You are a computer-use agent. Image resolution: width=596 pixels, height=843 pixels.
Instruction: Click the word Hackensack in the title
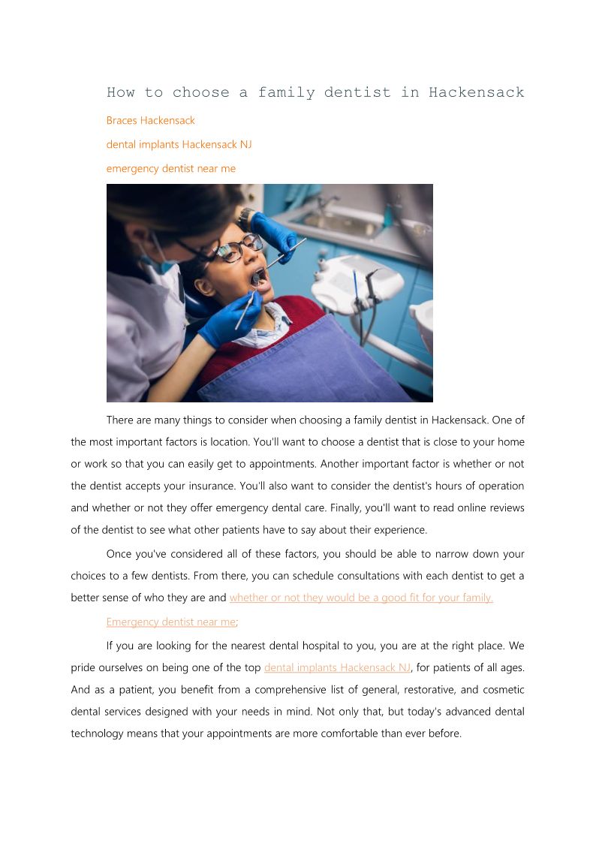[476, 93]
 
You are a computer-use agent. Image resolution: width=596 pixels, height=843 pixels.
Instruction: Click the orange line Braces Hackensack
[150, 120]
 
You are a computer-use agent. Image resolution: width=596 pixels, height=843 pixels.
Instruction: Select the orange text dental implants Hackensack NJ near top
[179, 144]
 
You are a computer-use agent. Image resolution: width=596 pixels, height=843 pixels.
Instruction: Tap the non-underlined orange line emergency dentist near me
[170, 169]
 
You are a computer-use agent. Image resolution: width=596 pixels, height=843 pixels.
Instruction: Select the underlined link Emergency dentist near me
[170, 622]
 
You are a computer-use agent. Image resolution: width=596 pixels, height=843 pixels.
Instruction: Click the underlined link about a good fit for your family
[360, 598]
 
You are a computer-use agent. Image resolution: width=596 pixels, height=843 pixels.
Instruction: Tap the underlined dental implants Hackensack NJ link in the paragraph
[337, 667]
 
